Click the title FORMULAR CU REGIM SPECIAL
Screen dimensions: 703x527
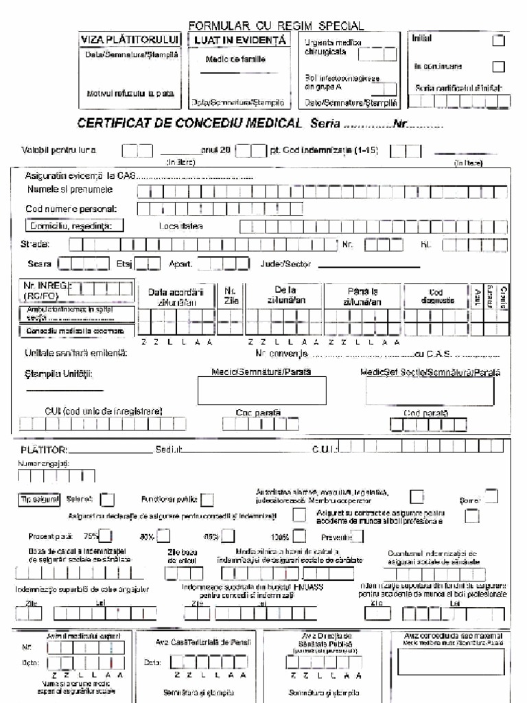tap(276, 26)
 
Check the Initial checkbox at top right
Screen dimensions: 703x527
tap(499, 41)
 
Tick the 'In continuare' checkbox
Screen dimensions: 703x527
tap(499, 67)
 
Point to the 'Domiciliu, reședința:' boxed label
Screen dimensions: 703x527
tap(75, 225)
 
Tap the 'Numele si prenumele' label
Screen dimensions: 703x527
tap(70, 189)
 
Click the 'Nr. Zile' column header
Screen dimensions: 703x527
tap(231, 295)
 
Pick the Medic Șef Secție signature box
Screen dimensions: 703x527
tap(438, 392)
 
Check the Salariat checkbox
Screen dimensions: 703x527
tap(108, 500)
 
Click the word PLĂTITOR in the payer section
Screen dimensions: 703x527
tap(43, 450)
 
